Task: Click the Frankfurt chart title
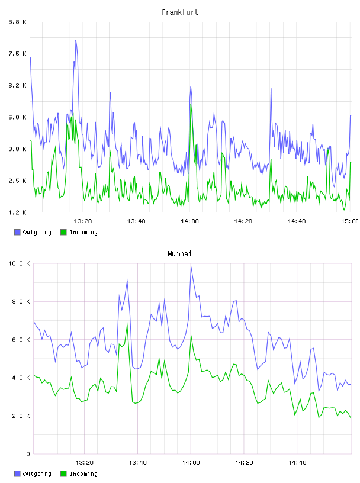tap(180, 12)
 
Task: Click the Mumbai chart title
tap(179, 254)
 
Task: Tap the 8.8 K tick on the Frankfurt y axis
tap(18, 22)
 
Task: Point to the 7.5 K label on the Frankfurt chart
tap(18, 54)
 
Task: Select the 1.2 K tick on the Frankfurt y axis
tap(18, 212)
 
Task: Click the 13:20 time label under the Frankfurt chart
tap(83, 221)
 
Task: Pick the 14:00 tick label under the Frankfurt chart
tap(189, 221)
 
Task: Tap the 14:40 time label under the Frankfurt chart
tap(297, 221)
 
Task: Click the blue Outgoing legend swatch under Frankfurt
tap(17, 232)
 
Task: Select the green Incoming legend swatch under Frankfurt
tap(63, 232)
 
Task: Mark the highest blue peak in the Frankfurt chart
tap(76, 40)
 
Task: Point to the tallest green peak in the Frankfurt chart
tap(191, 104)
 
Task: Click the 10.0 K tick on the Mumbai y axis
tap(19, 263)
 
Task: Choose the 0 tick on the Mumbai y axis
tap(28, 454)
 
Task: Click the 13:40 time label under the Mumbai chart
tap(137, 462)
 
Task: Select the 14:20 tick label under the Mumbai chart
tap(244, 462)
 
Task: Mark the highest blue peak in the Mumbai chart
tap(191, 265)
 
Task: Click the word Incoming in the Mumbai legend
tap(83, 474)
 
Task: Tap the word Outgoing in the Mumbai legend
tap(37, 474)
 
